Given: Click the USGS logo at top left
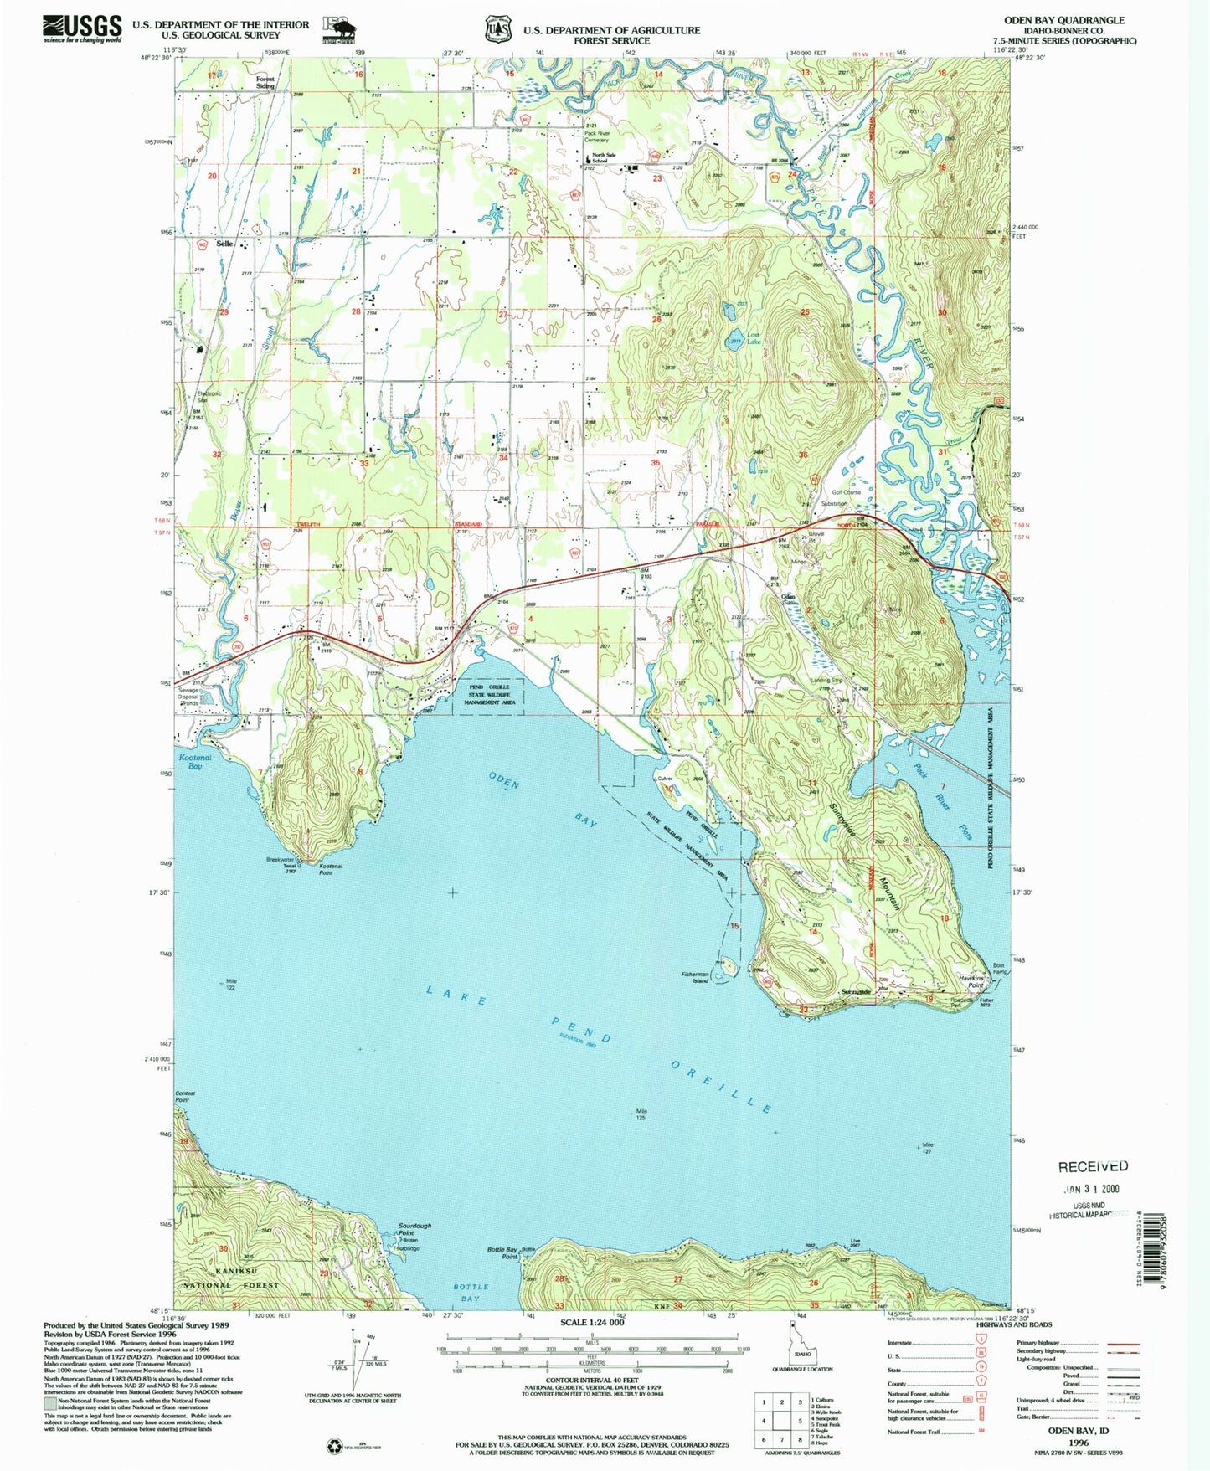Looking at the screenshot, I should coord(82,28).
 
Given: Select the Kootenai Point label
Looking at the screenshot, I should coord(326,870).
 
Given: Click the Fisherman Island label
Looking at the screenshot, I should coord(695,977).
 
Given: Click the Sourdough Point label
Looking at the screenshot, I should coord(414,1228).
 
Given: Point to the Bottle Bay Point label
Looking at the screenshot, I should coord(503,1252).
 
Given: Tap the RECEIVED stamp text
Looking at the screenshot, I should coord(1093,1166).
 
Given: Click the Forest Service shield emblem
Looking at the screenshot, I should coord(497,29).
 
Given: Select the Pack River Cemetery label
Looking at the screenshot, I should coord(596,136).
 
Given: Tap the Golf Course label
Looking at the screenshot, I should coord(846,492).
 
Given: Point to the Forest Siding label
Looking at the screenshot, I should coord(265,82).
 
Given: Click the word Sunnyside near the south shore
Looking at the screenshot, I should coord(856,991).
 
